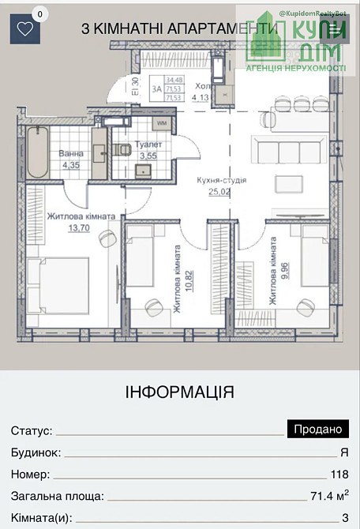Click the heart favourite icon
point(25,29)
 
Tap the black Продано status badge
point(317,430)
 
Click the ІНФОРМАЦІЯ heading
point(180,392)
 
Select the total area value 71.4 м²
point(329,497)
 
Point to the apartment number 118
point(340,475)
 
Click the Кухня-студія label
point(222,180)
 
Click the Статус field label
point(32,431)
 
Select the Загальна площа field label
point(57,497)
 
